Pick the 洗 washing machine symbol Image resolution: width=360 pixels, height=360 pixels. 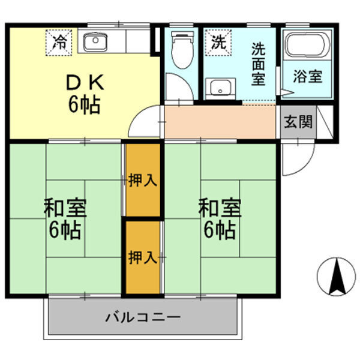(x=217, y=42)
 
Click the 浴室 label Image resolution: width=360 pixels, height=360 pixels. (x=308, y=77)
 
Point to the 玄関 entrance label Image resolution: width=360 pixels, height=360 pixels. (x=298, y=122)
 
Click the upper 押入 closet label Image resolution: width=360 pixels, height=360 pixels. (x=143, y=180)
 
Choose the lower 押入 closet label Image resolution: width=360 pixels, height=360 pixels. (x=143, y=258)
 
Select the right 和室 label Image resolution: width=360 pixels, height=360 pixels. (x=220, y=219)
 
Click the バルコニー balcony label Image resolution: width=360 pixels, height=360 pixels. (x=143, y=316)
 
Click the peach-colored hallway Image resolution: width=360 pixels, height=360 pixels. (x=219, y=122)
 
